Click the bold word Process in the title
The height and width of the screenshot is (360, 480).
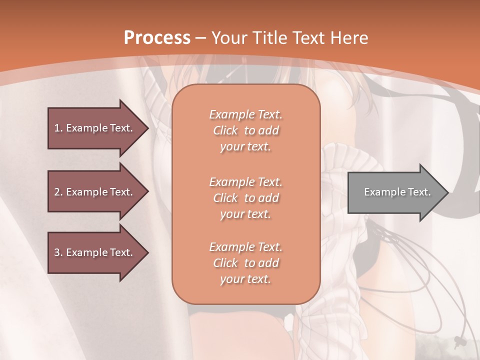(x=157, y=37)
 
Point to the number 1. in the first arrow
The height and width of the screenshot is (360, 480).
(x=58, y=128)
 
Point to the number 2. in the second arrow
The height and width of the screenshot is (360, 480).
(x=58, y=192)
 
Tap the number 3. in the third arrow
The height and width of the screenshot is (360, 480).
(x=58, y=252)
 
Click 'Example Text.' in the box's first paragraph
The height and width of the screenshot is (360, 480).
(x=245, y=114)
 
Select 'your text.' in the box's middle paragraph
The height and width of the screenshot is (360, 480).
(x=245, y=214)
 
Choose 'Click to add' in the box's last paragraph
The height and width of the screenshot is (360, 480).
(x=245, y=263)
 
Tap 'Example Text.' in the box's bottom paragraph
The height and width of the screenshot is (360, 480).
(x=245, y=247)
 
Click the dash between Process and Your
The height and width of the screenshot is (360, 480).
(x=201, y=37)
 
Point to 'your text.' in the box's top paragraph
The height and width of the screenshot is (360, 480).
(x=245, y=146)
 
